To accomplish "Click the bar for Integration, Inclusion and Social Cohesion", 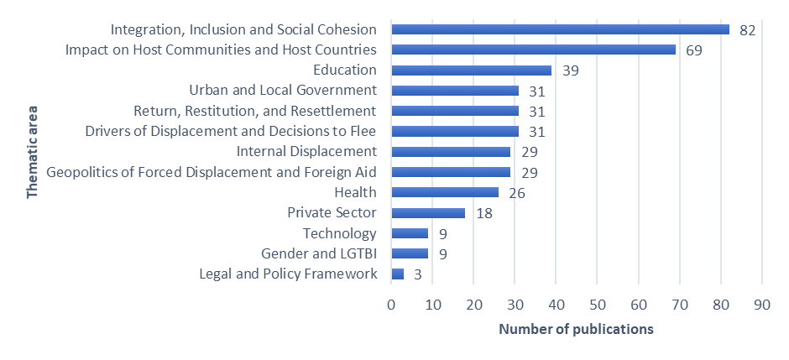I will (x=561, y=29).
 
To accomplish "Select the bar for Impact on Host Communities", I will (x=534, y=50).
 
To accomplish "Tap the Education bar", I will (x=472, y=70).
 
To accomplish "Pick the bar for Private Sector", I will (x=428, y=213).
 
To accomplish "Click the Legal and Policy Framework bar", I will (x=398, y=274).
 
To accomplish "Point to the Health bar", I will (x=445, y=193).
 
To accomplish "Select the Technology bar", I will (x=410, y=233).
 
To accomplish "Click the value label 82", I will (x=748, y=30).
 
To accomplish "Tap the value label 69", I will (x=694, y=50).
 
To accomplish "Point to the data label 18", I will (x=483, y=213).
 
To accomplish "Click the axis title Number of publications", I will (x=576, y=329).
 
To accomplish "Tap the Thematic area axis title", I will (x=32, y=152).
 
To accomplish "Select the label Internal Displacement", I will (x=306, y=152).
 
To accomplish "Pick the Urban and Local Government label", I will (x=283, y=91).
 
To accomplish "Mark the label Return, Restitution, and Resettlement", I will (x=255, y=111).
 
